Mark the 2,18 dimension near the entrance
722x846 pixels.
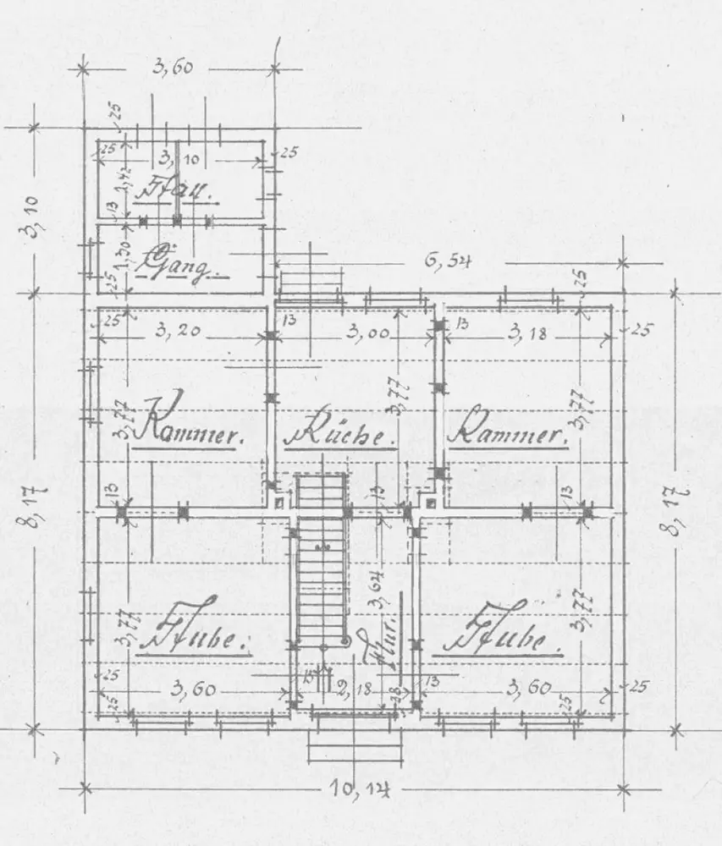(354, 689)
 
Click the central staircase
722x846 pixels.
(322, 558)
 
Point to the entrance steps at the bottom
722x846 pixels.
(353, 744)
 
